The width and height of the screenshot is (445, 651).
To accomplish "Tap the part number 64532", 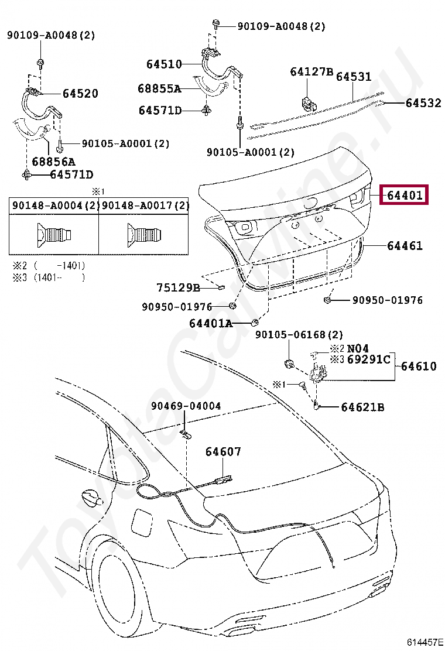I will [423, 103].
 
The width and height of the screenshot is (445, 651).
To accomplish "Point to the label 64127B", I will [311, 72].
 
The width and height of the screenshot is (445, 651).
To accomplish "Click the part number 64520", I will [80, 94].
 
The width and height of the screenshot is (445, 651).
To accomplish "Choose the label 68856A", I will [53, 161].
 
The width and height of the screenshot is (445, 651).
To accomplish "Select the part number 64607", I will [222, 452].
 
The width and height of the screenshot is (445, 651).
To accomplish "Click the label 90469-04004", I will [186, 406].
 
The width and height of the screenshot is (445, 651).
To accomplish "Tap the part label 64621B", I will [362, 407].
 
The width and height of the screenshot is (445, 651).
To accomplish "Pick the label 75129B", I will [178, 287].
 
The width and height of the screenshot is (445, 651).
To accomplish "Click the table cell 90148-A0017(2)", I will [145, 205].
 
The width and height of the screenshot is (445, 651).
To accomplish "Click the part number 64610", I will [419, 366].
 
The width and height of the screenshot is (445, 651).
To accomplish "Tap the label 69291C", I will [368, 359].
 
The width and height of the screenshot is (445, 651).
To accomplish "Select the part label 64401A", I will [211, 323].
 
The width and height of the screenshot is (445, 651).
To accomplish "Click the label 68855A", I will [159, 89].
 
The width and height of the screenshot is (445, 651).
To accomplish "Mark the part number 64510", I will [164, 64].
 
